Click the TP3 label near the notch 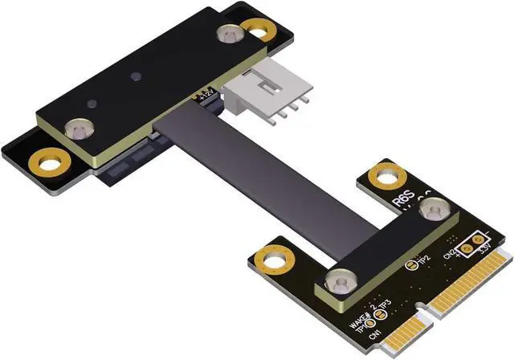pos(385,305)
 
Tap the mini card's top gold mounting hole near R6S pos(386,175)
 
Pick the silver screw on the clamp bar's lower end pos(336,281)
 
